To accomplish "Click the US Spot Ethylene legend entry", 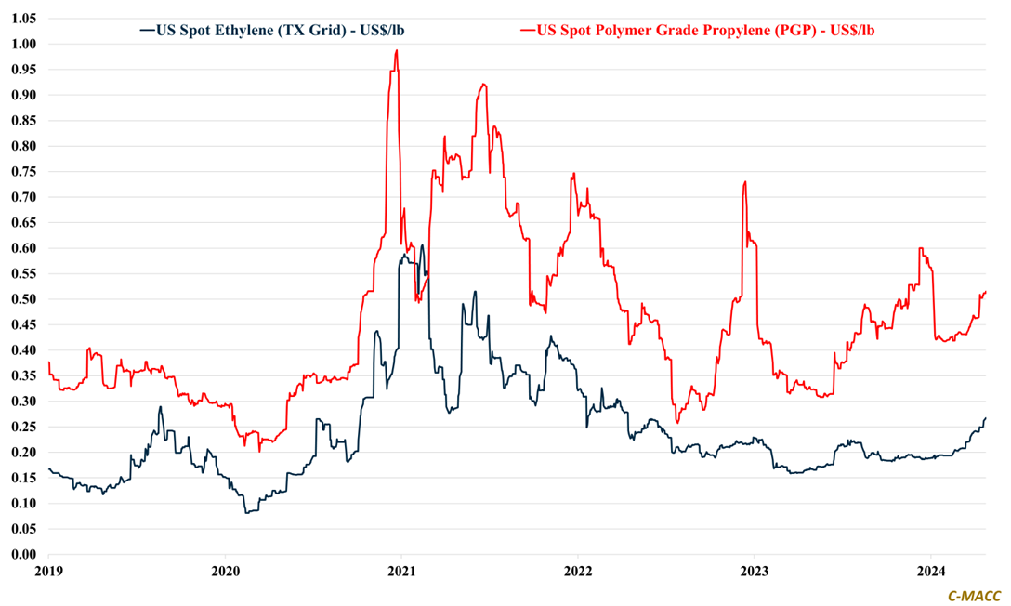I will pyautogui.click(x=271, y=30).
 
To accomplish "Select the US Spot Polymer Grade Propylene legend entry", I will pyautogui.click(x=698, y=30).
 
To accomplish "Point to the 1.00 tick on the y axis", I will pyautogui.click(x=23, y=44).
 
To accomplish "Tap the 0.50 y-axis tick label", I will pyautogui.click(x=23, y=299).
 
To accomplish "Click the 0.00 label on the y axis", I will pyautogui.click(x=23, y=555).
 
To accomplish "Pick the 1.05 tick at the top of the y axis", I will pyautogui.click(x=23, y=19).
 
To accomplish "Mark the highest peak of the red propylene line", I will pyautogui.click(x=397, y=51).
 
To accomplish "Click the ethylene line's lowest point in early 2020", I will pyautogui.click(x=246, y=512).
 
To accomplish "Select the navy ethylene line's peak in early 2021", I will pyautogui.click(x=422, y=245).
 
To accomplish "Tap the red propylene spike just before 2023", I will pyautogui.click(x=745, y=182).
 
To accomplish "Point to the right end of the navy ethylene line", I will pyautogui.click(x=985, y=418).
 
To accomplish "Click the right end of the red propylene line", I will pyautogui.click(x=985, y=292).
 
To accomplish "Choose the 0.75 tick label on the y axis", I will pyautogui.click(x=23, y=172).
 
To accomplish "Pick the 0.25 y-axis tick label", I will pyautogui.click(x=23, y=428).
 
